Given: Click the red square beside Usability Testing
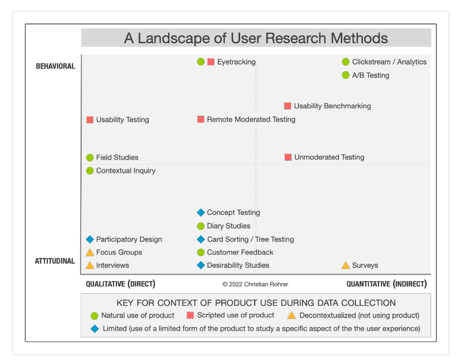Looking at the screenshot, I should click(x=90, y=120).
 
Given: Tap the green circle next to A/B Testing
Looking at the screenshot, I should click(x=346, y=75).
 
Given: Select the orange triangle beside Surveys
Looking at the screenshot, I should click(x=346, y=266).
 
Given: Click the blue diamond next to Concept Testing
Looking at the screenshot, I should click(x=201, y=213).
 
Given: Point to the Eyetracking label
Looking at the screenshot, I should click(x=236, y=62).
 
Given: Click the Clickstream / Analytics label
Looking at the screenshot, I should click(x=389, y=62).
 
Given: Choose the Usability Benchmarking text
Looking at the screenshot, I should click(x=332, y=106).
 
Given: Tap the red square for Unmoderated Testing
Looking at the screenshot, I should click(x=288, y=157).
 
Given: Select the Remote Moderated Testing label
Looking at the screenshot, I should click(x=251, y=119).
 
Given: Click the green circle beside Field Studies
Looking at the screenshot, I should click(x=90, y=157).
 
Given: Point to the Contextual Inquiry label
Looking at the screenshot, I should click(x=126, y=170).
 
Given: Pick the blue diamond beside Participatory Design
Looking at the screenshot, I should click(x=90, y=239).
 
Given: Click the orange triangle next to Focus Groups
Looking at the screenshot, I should click(x=90, y=252).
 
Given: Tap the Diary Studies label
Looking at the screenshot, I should click(x=228, y=226).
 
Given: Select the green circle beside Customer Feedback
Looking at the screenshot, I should click(x=201, y=252).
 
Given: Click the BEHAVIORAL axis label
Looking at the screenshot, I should click(x=55, y=66).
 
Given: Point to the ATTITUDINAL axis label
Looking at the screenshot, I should click(x=55, y=261).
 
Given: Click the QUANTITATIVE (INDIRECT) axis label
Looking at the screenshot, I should click(x=386, y=284).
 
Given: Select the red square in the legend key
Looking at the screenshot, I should click(x=190, y=315).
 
